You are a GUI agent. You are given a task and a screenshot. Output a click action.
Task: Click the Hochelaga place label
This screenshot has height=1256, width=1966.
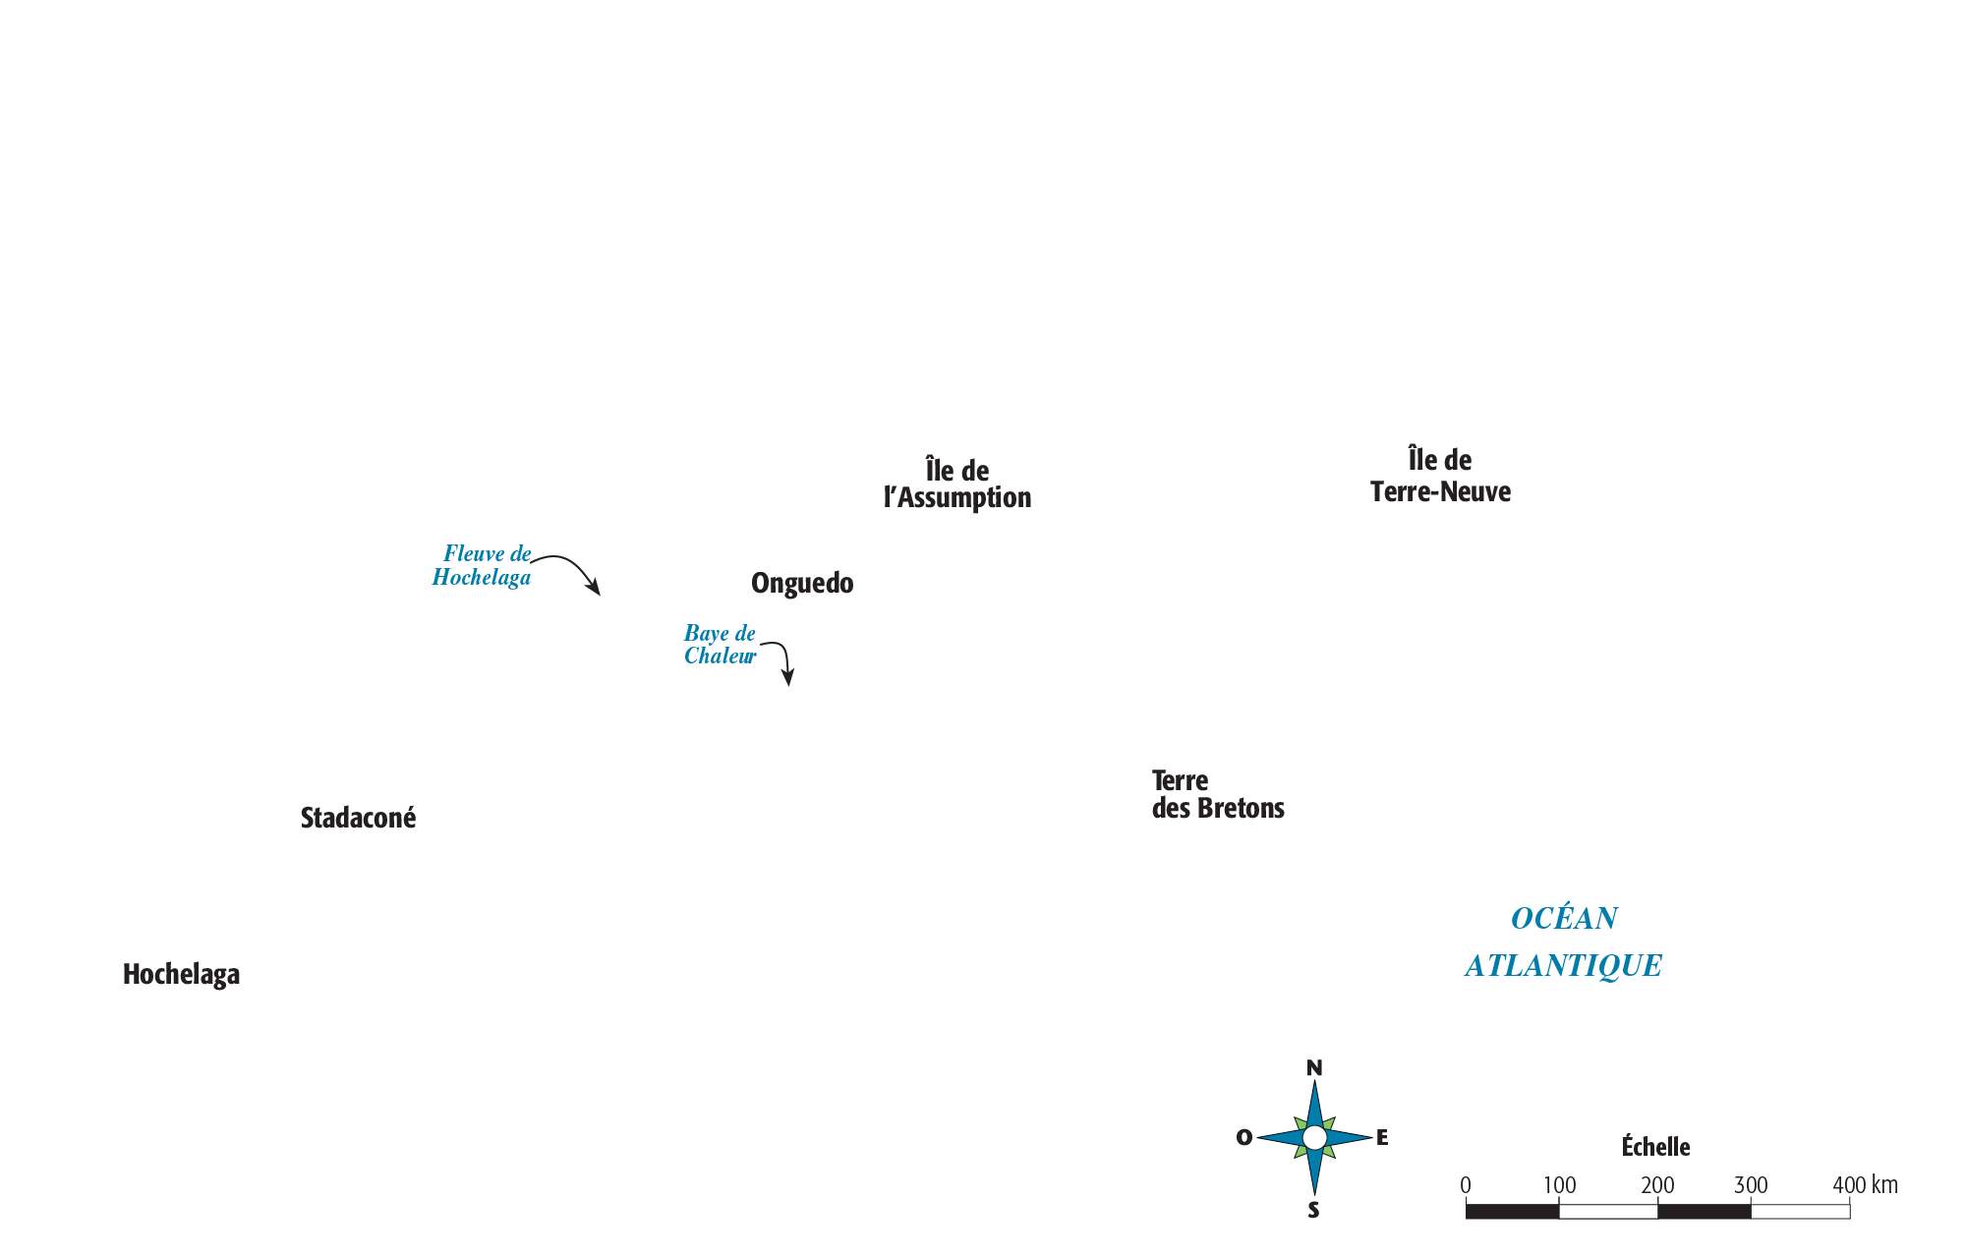181,974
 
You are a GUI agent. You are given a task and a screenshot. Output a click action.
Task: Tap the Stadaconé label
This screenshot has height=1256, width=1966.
358,818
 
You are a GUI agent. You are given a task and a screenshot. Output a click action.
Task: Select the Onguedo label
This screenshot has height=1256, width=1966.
802,584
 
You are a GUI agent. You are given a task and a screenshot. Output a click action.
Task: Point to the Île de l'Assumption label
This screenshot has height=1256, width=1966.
957,484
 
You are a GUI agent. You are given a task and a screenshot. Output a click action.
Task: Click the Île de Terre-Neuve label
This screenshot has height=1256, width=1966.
1440,476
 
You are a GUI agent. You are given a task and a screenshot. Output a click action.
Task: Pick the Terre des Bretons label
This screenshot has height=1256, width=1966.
1218,794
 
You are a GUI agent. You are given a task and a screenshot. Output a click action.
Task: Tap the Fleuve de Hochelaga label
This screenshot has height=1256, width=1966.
482,565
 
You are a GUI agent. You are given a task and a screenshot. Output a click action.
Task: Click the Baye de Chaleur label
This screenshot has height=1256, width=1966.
721,645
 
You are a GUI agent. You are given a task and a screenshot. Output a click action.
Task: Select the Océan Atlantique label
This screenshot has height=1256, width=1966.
1563,942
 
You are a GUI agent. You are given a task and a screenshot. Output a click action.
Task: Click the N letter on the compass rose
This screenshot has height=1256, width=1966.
1314,1068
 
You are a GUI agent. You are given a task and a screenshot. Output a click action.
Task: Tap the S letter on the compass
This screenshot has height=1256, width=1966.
1313,1211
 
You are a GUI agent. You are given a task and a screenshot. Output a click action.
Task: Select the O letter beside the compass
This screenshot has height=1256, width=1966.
1244,1138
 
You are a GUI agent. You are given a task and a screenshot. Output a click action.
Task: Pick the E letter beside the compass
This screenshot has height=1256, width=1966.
1382,1137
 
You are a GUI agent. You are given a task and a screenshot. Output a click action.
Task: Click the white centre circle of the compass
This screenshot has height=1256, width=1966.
1314,1138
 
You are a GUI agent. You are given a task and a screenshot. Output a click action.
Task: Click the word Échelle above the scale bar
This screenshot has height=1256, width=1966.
1655,1147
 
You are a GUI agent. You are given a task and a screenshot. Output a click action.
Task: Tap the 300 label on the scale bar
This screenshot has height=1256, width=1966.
1751,1185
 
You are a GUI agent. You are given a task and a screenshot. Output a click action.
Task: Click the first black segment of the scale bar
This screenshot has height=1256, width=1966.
1512,1211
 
